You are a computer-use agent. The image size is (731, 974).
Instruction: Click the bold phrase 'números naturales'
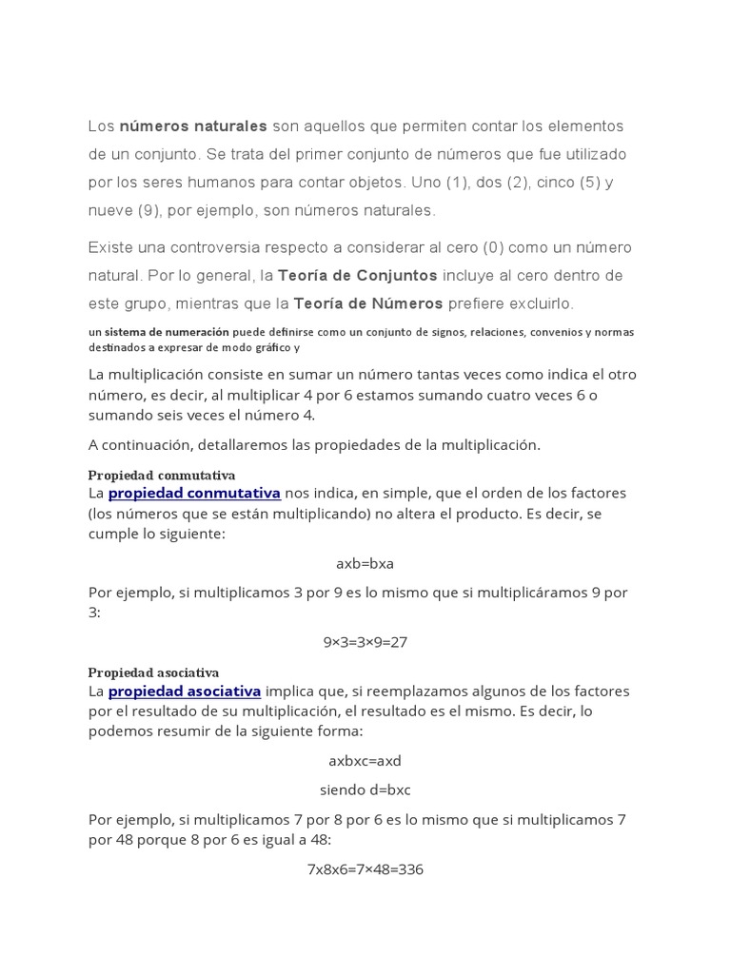pos(192,126)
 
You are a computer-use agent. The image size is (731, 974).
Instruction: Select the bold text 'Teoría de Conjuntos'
pos(357,276)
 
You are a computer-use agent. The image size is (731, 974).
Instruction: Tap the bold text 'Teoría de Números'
pos(368,303)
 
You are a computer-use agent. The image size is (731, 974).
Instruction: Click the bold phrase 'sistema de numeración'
pos(167,332)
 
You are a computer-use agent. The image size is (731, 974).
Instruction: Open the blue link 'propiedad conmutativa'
pos(194,493)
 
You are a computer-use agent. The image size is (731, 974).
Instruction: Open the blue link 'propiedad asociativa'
pos(185,691)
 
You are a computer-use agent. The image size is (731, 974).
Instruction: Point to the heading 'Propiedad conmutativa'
pos(162,475)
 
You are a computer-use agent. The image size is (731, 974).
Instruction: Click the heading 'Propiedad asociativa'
pos(153,672)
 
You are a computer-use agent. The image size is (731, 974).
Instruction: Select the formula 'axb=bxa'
pos(365,563)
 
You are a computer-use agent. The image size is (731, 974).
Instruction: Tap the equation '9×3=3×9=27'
pos(365,641)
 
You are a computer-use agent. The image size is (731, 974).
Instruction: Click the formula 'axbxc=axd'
pos(365,761)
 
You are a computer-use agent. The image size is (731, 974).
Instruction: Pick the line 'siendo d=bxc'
pos(365,789)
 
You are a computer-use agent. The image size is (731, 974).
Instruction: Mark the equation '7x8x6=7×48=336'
pos(365,868)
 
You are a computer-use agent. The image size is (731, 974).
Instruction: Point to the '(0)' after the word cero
pos(492,247)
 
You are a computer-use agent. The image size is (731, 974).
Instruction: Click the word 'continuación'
pos(147,445)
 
